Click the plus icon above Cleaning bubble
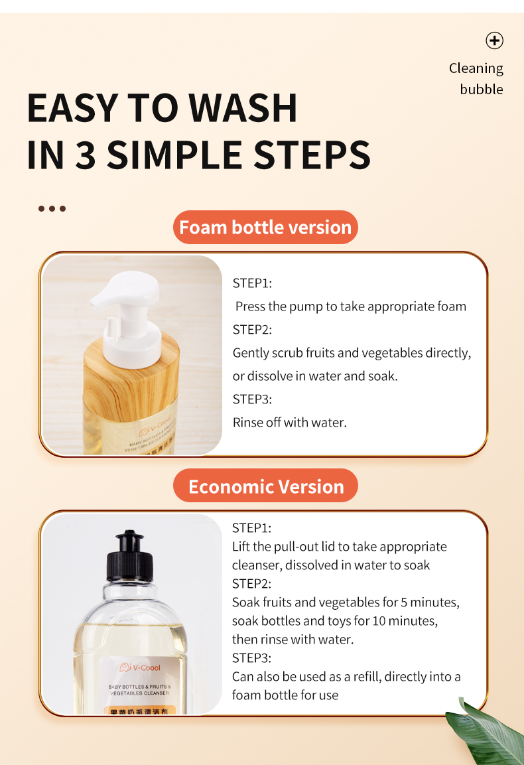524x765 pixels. (x=494, y=40)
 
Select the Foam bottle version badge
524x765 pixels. (x=265, y=228)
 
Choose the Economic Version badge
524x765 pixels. (x=266, y=486)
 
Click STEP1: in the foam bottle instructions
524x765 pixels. (x=252, y=283)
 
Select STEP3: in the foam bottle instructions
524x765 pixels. (x=252, y=399)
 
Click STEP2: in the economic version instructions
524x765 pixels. (x=251, y=584)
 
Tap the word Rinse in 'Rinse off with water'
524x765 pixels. (x=247, y=422)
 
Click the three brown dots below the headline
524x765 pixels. (x=52, y=208)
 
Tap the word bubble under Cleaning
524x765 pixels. (x=482, y=90)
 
